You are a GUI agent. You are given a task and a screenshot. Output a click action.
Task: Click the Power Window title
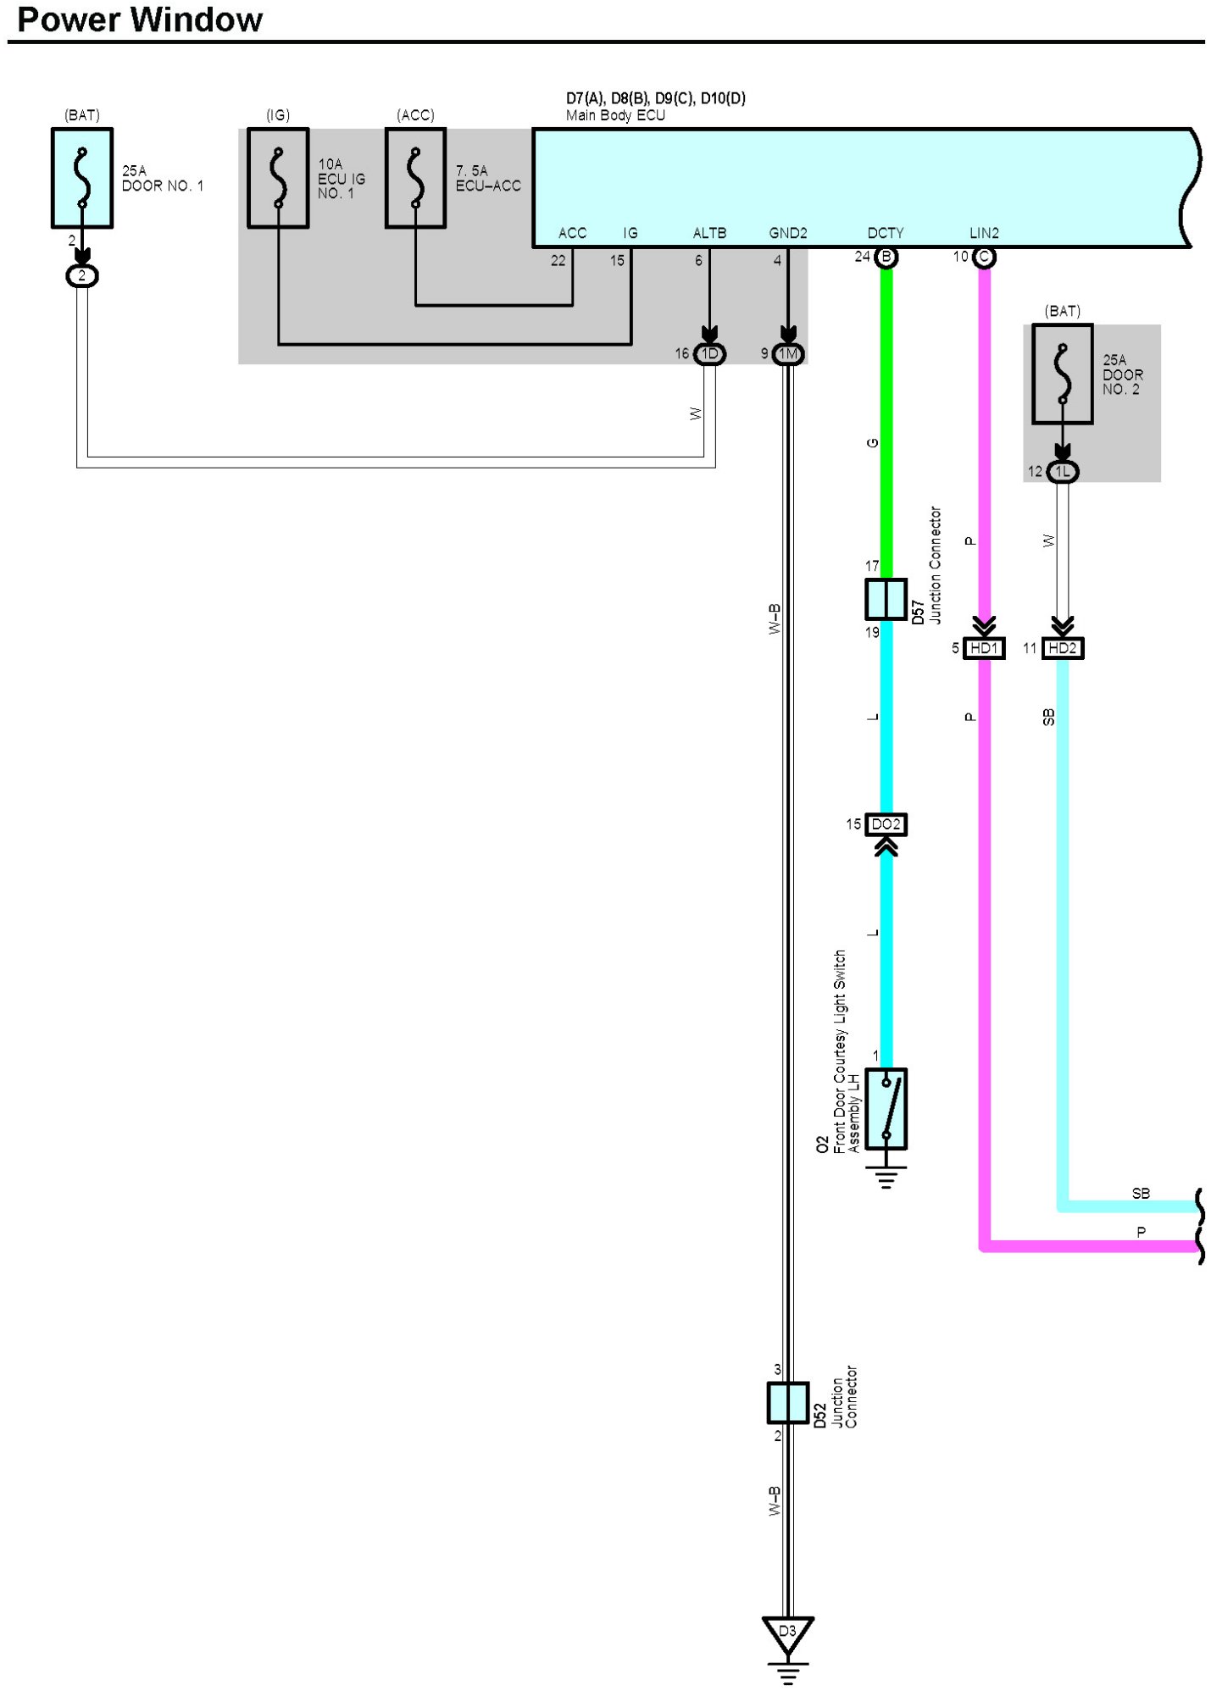[140, 19]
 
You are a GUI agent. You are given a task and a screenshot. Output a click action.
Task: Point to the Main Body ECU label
[615, 115]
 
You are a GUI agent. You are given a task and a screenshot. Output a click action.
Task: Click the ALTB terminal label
[709, 233]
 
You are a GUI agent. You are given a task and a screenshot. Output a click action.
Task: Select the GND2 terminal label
[788, 233]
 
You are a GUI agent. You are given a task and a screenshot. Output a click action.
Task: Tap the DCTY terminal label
[886, 233]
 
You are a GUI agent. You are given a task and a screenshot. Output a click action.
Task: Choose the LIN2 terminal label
[984, 233]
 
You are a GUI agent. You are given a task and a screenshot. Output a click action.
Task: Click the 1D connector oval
[709, 354]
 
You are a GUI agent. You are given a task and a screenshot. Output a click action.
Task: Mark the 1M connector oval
[788, 354]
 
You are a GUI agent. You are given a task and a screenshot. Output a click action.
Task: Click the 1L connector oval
[1062, 472]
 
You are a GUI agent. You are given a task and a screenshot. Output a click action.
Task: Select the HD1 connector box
[984, 648]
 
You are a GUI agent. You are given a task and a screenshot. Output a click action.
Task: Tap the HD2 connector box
[1062, 648]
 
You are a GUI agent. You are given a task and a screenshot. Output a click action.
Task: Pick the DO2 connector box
[886, 824]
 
